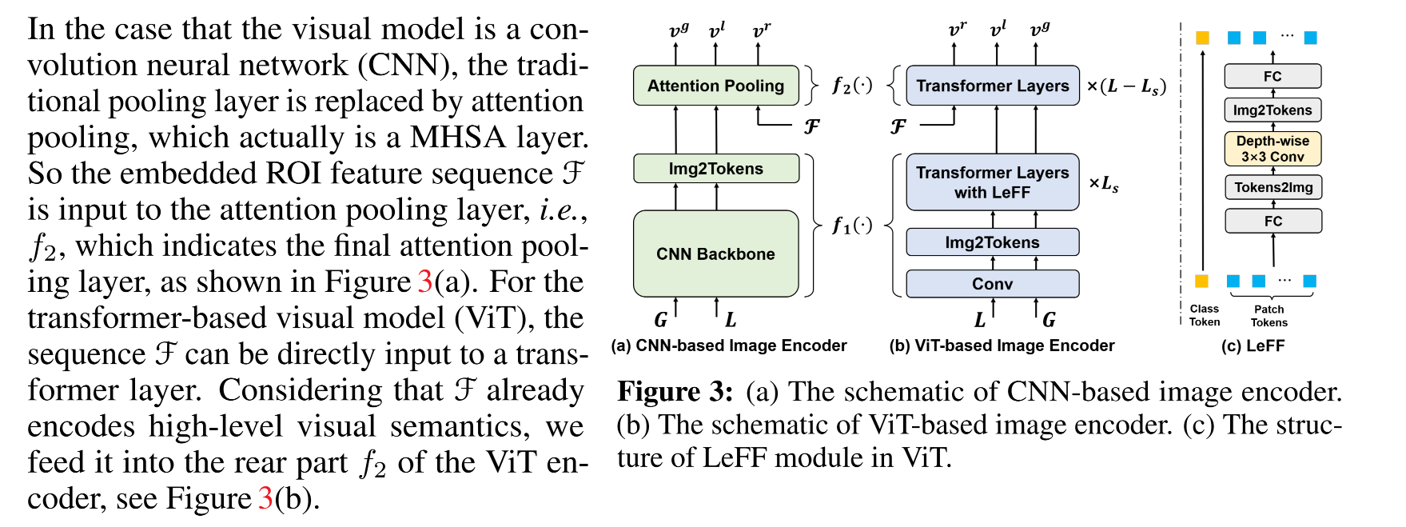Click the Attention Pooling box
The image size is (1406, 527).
tap(715, 86)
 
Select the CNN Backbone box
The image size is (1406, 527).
tap(715, 254)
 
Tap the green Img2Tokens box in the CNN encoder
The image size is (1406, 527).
tap(715, 169)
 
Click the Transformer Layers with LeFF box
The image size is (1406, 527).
tap(992, 182)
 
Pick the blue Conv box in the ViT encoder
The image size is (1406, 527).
tap(992, 284)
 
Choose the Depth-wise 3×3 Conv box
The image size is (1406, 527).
tap(1273, 149)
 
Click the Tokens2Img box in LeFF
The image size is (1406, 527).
tap(1273, 187)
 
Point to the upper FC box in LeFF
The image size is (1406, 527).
tap(1273, 77)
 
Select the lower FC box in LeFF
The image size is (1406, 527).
tap(1273, 221)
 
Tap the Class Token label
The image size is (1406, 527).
tap(1204, 315)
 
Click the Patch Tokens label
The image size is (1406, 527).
tap(1269, 315)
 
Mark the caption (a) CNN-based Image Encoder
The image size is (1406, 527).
tap(728, 345)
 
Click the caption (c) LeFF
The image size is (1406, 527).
tap(1253, 345)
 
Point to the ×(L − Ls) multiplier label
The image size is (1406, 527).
tap(1125, 86)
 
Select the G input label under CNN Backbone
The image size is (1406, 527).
tap(660, 320)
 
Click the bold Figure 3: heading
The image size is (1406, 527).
tap(675, 392)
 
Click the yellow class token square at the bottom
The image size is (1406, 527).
tap(1201, 281)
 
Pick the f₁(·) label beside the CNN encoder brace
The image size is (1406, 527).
tap(851, 226)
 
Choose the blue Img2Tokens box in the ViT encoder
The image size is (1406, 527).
tap(992, 242)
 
